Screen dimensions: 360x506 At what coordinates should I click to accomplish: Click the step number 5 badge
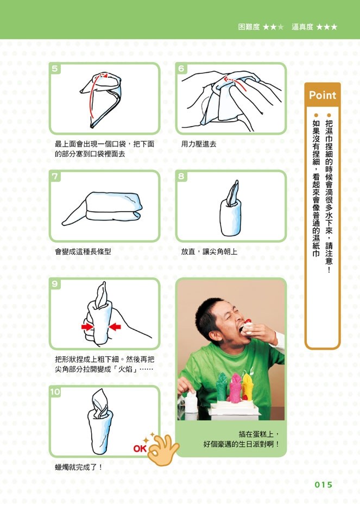[x=55, y=68]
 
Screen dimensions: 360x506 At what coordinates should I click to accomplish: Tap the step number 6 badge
[x=181, y=68]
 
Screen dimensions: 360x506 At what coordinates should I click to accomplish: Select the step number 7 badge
[x=55, y=176]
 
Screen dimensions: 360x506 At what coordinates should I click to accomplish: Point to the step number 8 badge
[x=181, y=176]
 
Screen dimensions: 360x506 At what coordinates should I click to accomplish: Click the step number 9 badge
[x=55, y=283]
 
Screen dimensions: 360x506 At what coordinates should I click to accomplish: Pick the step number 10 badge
[x=55, y=391]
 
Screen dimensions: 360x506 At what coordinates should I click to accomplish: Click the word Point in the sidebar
[x=322, y=95]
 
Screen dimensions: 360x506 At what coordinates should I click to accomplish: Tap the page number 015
[x=323, y=484]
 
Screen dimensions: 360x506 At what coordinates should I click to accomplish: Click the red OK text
[x=140, y=448]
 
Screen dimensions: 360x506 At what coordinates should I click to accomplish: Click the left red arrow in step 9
[x=87, y=327]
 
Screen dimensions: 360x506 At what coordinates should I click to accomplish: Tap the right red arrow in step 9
[x=115, y=327]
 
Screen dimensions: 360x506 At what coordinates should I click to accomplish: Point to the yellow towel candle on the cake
[x=247, y=386]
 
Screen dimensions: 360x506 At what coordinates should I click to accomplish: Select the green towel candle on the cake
[x=222, y=387]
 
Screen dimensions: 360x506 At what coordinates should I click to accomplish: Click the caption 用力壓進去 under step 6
[x=199, y=144]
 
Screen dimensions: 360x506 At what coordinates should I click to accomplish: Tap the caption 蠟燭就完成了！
[x=78, y=467]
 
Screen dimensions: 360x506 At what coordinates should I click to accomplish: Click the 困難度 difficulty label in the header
[x=249, y=27]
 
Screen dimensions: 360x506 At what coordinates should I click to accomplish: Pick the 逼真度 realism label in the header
[x=302, y=27]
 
